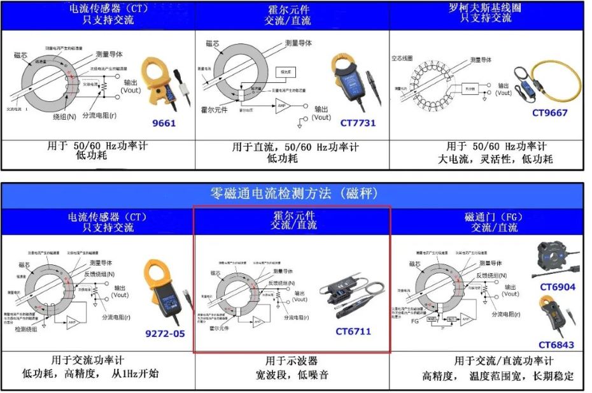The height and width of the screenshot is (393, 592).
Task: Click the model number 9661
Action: click(x=163, y=123)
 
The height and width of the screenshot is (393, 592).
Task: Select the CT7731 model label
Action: click(x=357, y=122)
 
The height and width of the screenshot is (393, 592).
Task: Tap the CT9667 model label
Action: click(x=549, y=113)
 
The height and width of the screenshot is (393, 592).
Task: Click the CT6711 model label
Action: click(x=353, y=331)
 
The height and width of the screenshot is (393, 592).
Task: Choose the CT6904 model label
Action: click(x=557, y=287)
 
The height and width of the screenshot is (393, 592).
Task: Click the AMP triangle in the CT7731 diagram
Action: click(x=282, y=106)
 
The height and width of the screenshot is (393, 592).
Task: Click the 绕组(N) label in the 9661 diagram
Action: click(x=66, y=117)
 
